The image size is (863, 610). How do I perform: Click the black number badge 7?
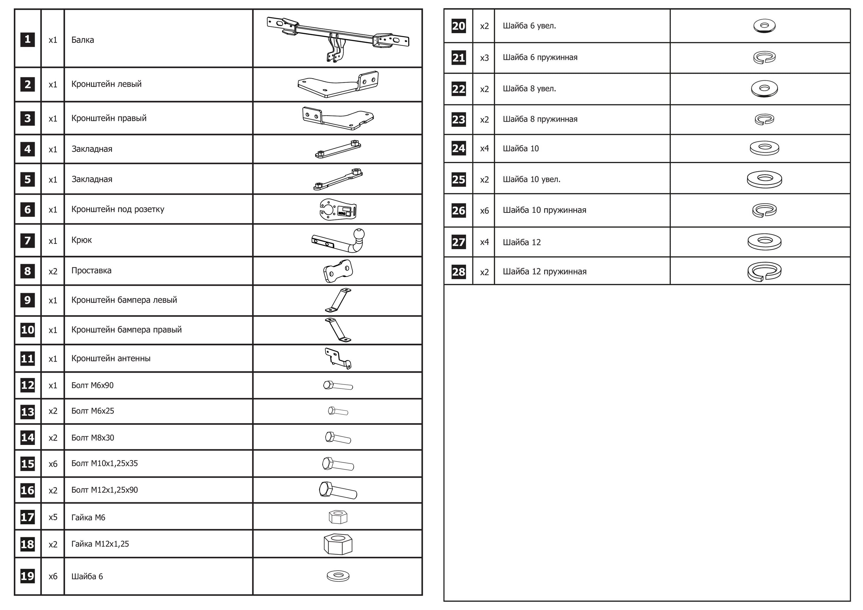[x=27, y=240]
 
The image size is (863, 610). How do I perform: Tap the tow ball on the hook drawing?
[x=359, y=234]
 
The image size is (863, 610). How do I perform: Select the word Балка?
[x=82, y=40]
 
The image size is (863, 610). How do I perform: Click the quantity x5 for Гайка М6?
[x=53, y=517]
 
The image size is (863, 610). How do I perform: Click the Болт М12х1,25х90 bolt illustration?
[x=337, y=490]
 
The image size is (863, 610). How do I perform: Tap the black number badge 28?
[x=458, y=272]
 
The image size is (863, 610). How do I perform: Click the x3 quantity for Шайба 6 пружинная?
[x=484, y=58]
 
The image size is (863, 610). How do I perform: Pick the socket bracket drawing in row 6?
[x=337, y=209]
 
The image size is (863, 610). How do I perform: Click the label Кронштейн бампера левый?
[x=124, y=300]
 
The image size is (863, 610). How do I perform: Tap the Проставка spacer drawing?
[x=338, y=271]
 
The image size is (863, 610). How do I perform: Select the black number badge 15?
[x=27, y=463]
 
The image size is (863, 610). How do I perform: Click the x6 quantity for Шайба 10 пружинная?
[x=484, y=211]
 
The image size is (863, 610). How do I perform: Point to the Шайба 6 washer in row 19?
[x=338, y=575]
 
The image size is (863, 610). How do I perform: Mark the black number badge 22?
[x=458, y=89]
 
